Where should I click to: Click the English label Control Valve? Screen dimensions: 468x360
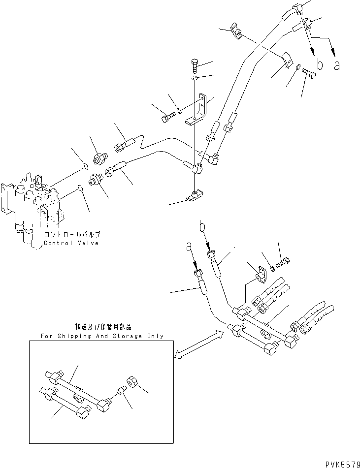click(x=71, y=243)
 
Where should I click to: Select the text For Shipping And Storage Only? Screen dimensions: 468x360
click(x=102, y=336)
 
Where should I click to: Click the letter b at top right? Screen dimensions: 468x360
click(x=320, y=64)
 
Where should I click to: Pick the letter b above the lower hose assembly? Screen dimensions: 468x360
click(x=201, y=227)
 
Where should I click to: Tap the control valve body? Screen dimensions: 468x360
click(x=30, y=202)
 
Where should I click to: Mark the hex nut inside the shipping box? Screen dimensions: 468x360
click(x=133, y=381)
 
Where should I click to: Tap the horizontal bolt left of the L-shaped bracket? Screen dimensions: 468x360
click(x=167, y=118)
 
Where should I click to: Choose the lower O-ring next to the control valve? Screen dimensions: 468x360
click(x=80, y=187)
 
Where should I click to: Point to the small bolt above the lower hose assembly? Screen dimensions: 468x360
click(x=282, y=263)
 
